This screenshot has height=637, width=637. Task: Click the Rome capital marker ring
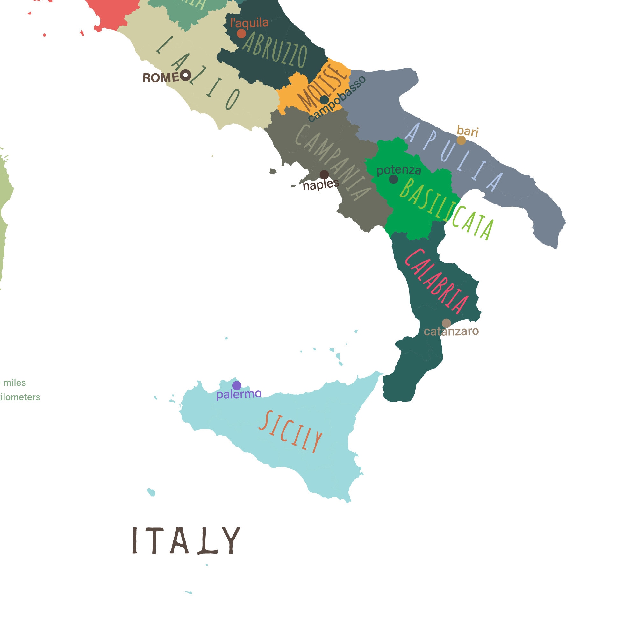point(186,75)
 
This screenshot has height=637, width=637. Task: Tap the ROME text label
point(161,78)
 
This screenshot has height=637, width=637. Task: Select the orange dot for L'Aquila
point(241,34)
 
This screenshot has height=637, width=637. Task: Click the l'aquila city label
point(249,23)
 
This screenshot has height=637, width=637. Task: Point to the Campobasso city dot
point(324,100)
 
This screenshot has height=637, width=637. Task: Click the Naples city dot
point(324,175)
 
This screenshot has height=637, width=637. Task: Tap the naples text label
point(320,185)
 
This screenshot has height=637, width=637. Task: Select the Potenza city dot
point(393,179)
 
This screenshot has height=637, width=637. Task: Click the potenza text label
point(399,170)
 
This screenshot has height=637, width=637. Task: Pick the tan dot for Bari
point(461,140)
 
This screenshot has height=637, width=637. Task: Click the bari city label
point(467,131)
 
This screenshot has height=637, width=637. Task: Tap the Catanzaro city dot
point(446,323)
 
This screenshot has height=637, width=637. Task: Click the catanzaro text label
point(451,331)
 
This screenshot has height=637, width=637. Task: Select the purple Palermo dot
point(237,385)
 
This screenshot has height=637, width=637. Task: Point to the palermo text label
point(239,394)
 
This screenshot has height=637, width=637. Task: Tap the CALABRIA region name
point(436,281)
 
